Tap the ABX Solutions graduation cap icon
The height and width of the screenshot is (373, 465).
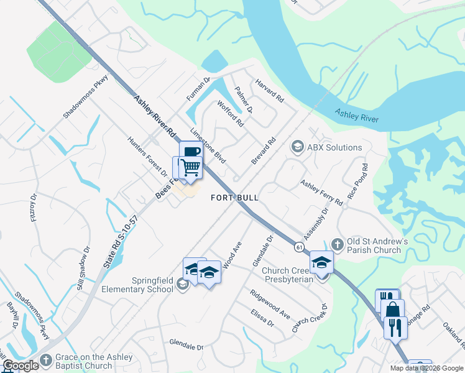[x=297, y=147]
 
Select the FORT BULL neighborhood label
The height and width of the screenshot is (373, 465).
[x=234, y=197]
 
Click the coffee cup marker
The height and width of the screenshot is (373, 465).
[x=191, y=152]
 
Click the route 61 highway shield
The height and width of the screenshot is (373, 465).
[x=300, y=247]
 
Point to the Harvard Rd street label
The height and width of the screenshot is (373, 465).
[x=269, y=91]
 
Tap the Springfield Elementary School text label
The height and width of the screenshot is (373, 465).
[x=145, y=284]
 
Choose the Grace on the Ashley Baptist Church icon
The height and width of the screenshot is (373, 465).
[x=45, y=361]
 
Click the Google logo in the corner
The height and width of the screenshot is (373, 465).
[x=21, y=366]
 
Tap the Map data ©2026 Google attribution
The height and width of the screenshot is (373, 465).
[x=426, y=368]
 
